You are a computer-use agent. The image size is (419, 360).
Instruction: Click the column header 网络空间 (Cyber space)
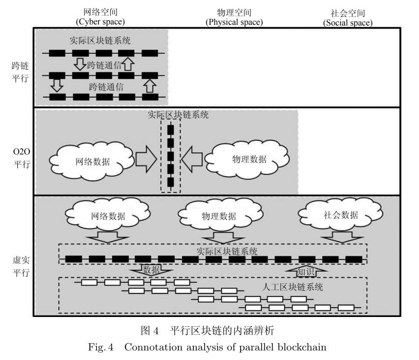coord(100,17)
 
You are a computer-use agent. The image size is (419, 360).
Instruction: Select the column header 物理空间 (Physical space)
coord(234,17)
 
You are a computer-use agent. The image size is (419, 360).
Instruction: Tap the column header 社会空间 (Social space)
coord(348,17)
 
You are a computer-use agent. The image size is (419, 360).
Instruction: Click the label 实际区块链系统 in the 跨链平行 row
coord(100,41)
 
